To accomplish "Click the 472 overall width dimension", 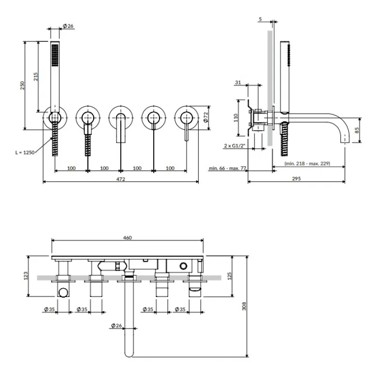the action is (121, 179).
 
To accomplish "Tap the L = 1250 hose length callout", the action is (25, 152).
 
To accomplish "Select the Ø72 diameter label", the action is (206, 117).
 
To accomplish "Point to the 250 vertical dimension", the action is (22, 86).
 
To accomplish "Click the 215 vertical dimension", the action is (36, 77).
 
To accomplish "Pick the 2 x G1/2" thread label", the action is (235, 146).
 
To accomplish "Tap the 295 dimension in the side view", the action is (297, 179).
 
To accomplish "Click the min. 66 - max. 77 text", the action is (227, 168).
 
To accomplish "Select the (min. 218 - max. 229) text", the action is (307, 163).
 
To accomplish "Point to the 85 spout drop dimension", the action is (357, 130).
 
